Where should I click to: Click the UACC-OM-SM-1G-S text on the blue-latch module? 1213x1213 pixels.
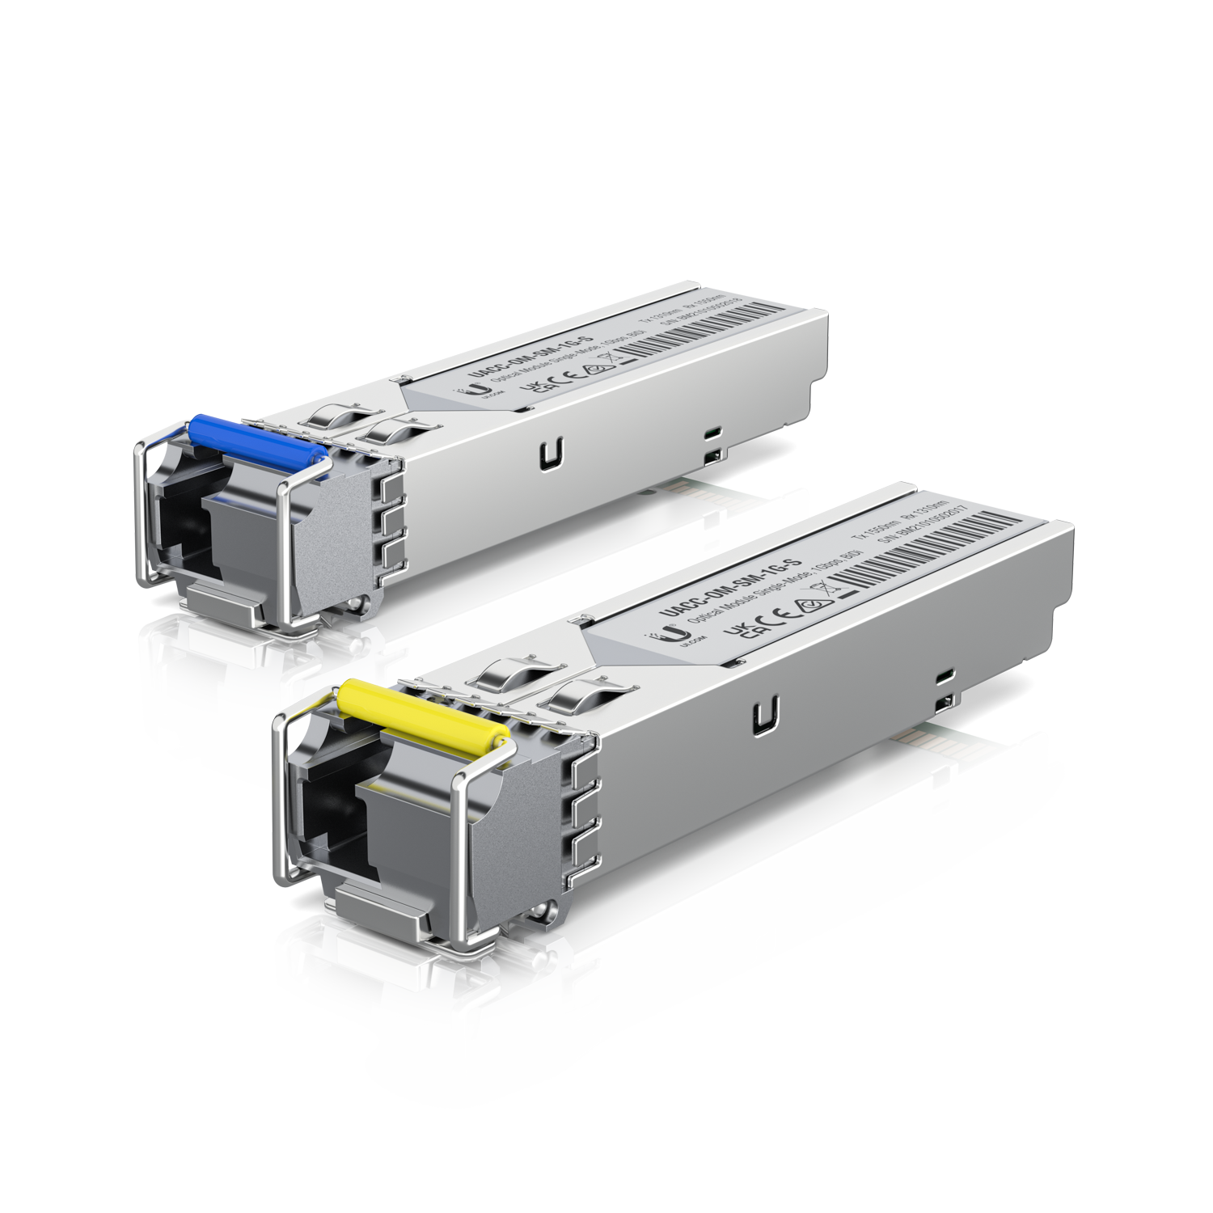tap(530, 357)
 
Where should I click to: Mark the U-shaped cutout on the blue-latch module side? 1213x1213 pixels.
tap(552, 454)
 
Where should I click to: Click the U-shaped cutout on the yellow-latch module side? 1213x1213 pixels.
tap(766, 716)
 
